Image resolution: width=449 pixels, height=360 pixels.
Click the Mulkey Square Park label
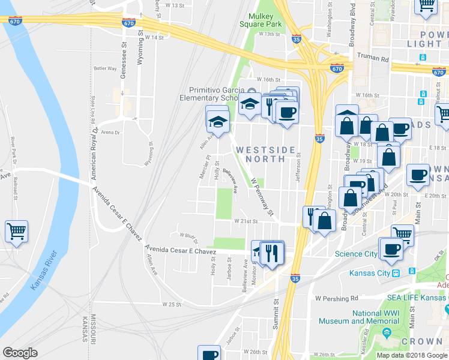(x=261, y=20)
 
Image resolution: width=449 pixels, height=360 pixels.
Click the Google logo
(x=20, y=352)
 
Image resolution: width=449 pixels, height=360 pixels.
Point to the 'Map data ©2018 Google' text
(x=411, y=355)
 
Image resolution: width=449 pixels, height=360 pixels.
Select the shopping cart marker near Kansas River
(x=16, y=230)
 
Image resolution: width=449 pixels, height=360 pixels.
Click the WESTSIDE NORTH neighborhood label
(x=265, y=154)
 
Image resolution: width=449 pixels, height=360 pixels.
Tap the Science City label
(x=356, y=254)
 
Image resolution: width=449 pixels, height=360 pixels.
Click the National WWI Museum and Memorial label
(x=375, y=317)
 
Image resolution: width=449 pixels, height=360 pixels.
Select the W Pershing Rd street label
(x=336, y=298)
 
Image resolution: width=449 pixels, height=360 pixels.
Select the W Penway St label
(x=262, y=196)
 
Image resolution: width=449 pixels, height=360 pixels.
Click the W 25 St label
(x=172, y=305)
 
